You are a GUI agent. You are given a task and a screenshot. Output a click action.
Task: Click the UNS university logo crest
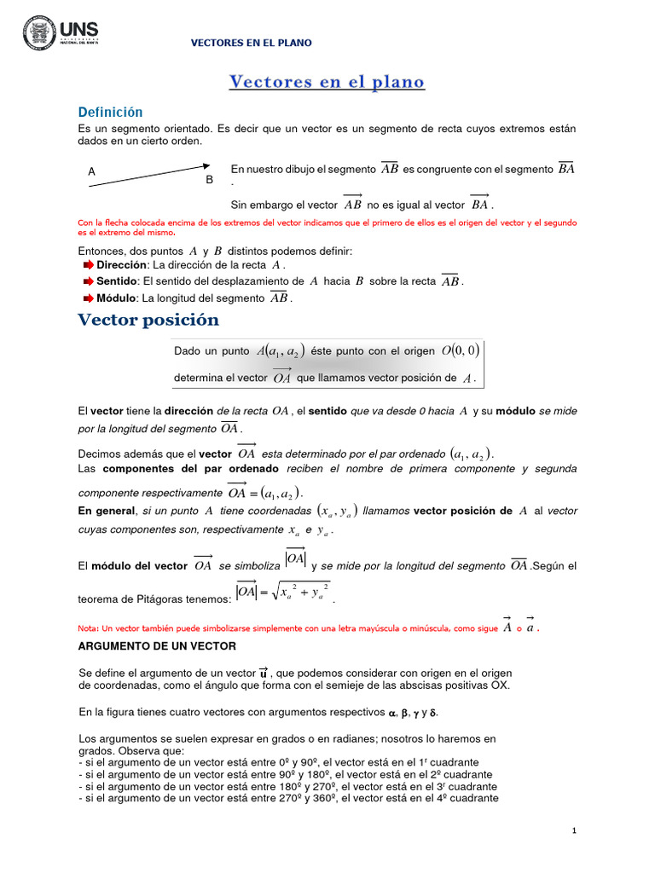click(38, 33)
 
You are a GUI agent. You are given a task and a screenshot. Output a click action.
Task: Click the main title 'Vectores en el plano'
click(327, 82)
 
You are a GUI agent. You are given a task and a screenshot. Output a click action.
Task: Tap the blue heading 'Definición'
click(110, 113)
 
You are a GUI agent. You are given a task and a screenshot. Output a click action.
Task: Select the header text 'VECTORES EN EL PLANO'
click(251, 43)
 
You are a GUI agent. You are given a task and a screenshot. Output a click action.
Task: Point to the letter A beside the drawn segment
click(91, 171)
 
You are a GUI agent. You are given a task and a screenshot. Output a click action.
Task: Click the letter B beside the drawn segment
click(209, 181)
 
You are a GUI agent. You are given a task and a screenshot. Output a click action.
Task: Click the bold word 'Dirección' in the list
click(121, 265)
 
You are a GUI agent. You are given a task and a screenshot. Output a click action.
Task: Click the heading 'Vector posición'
click(148, 321)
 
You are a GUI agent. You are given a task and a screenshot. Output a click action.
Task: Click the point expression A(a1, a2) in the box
click(280, 351)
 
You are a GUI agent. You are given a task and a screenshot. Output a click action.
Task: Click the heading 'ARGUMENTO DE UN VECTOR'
click(159, 646)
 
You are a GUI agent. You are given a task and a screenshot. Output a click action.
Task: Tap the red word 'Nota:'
click(89, 628)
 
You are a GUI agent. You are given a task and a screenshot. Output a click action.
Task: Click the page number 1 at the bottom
click(575, 830)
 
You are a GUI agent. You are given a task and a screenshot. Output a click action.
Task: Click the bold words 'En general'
click(107, 511)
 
